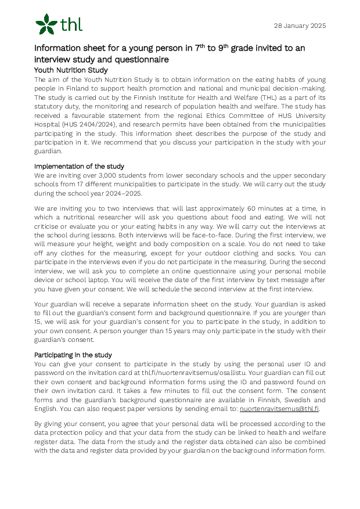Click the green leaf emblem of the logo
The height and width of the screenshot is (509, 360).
46,24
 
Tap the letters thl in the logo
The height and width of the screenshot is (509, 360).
71,24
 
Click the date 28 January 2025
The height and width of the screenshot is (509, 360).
299,26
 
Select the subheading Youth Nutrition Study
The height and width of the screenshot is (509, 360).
71,70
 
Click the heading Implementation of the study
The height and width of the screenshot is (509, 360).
79,166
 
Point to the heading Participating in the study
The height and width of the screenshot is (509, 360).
73,355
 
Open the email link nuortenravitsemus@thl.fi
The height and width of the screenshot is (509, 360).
279,409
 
